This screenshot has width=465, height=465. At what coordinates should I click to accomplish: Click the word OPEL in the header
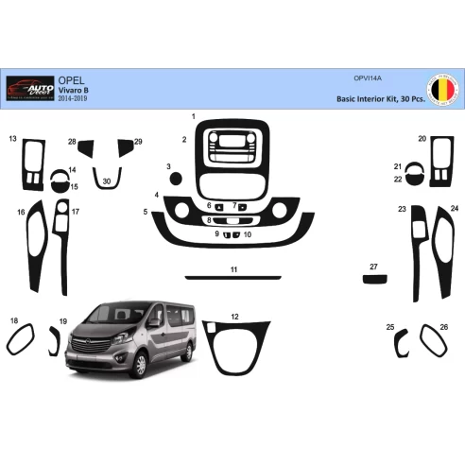coord(69,81)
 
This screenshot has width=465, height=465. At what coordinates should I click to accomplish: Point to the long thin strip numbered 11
coord(232,278)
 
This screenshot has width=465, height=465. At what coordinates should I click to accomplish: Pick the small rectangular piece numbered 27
coord(375,278)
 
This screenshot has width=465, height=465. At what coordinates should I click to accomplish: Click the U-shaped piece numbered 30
coord(106,176)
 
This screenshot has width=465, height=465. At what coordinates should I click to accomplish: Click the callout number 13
coord(13,138)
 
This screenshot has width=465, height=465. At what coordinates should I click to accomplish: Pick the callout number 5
coord(146,213)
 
